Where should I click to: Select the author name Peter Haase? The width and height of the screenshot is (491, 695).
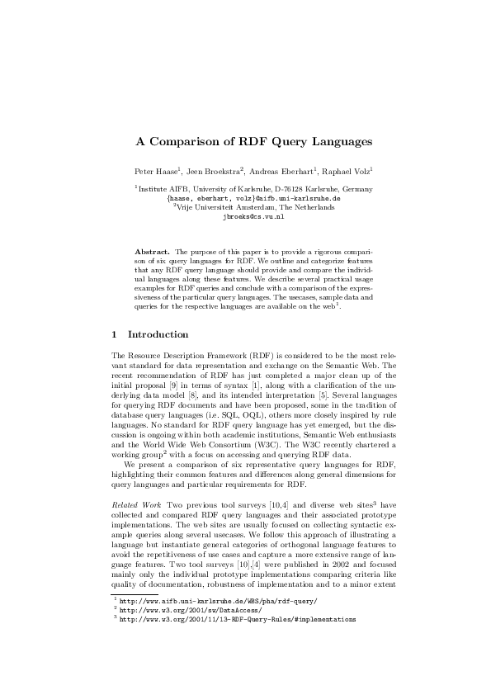click(x=153, y=171)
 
